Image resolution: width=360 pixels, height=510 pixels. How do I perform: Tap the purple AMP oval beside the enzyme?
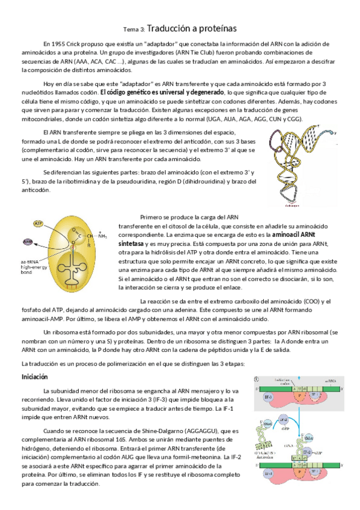27,242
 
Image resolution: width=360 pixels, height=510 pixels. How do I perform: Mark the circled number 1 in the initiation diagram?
257,379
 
